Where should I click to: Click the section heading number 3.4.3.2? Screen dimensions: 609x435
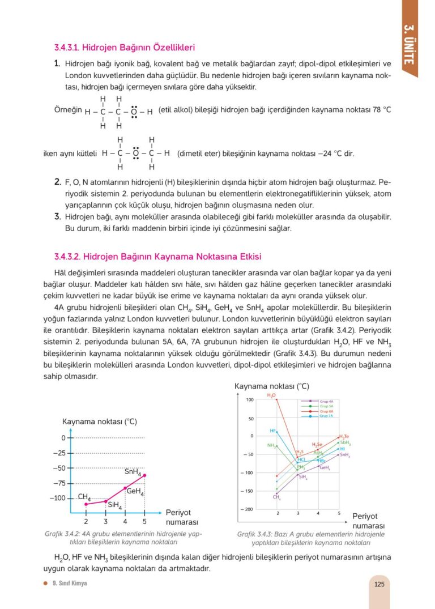(67, 257)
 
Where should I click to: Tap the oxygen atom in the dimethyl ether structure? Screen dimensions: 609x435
(136, 153)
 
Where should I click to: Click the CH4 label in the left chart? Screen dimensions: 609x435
(84, 497)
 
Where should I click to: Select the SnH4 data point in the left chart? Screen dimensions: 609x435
(144, 475)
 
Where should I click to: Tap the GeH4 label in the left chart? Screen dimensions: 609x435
(135, 492)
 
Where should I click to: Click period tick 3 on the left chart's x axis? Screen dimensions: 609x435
(105, 521)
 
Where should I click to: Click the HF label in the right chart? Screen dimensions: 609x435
(272, 431)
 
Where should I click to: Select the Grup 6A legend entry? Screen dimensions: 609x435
(326, 411)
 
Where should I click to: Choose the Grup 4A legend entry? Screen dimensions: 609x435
(326, 401)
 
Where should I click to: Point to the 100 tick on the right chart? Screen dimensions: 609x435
(250, 400)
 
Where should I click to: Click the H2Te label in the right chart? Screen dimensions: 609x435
(344, 436)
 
